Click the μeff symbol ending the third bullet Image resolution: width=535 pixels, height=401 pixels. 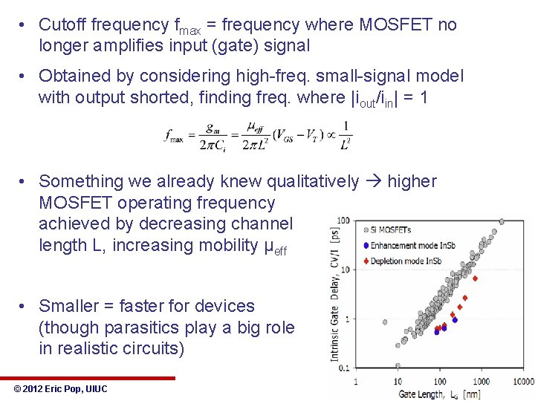point(275,247)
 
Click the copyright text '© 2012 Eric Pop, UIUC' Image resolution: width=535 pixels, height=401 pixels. point(61,389)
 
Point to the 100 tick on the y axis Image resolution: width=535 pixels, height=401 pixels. point(343,221)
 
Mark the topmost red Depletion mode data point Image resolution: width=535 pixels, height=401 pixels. point(475,278)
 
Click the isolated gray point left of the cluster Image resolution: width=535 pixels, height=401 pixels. point(384,322)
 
